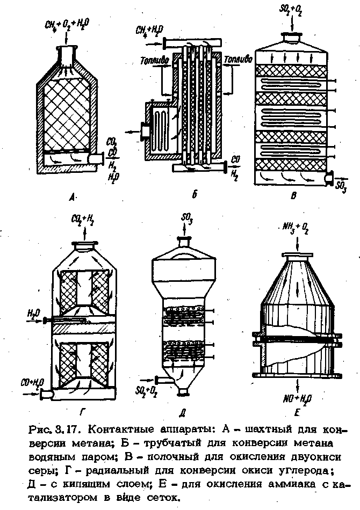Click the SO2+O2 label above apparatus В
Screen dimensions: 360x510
tap(291, 11)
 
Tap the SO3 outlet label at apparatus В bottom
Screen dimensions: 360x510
tap(341, 186)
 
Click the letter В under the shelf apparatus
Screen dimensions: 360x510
tap(293, 196)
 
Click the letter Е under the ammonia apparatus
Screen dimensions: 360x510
tap(298, 414)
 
